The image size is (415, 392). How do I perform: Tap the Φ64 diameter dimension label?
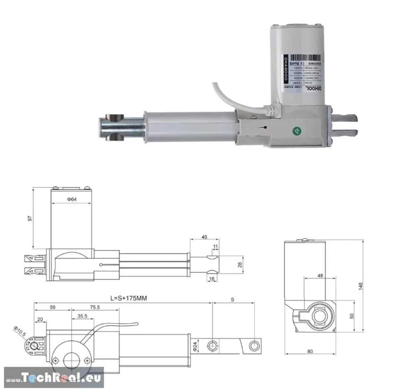[71, 200]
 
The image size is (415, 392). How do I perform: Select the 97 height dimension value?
[28, 219]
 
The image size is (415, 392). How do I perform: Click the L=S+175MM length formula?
[129, 298]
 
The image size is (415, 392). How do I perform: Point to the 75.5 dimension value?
[95, 308]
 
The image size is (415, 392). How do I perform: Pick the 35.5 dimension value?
[82, 316]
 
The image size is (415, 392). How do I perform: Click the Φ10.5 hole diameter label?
[19, 332]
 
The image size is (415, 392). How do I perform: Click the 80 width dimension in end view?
[310, 351]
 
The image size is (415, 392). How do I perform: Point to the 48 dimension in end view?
[320, 276]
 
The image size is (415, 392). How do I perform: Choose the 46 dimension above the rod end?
[204, 237]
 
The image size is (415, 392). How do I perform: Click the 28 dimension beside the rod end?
[239, 265]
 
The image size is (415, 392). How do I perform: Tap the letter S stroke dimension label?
[232, 299]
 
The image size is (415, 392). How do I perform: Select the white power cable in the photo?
[233, 96]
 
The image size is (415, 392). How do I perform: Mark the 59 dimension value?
[53, 308]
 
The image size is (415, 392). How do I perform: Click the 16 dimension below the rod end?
[211, 279]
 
